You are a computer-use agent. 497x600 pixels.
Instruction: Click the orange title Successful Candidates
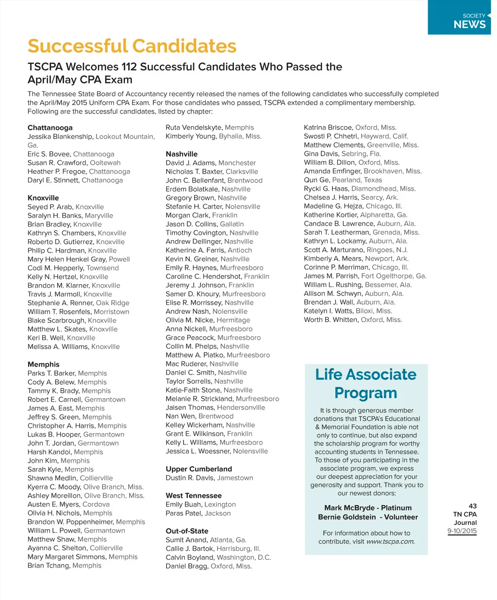[x=132, y=47]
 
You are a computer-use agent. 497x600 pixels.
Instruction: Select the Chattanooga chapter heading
[x=50, y=128]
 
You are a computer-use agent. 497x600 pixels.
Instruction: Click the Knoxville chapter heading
[x=43, y=198]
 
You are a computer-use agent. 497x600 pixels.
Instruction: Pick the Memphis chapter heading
[x=44, y=364]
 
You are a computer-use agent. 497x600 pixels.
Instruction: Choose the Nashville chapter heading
[x=182, y=154]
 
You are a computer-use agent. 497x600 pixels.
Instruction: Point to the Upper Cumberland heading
[x=199, y=469]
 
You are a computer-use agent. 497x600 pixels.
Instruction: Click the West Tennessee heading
[x=194, y=496]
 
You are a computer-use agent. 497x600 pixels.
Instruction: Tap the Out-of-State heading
[x=187, y=531]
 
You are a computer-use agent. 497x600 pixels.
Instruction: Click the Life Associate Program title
[x=366, y=384]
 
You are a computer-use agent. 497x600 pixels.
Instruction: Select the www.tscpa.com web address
[x=390, y=541]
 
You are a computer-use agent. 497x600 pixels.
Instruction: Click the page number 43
[x=473, y=506]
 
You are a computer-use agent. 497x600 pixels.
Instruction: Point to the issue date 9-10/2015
[x=462, y=531]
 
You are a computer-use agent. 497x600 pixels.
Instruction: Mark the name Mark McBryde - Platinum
[x=368, y=508]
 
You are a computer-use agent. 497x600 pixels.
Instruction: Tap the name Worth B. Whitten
[x=331, y=320]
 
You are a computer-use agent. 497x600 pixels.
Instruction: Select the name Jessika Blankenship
[x=60, y=137]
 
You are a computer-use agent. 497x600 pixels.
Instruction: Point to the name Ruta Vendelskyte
[x=194, y=128]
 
